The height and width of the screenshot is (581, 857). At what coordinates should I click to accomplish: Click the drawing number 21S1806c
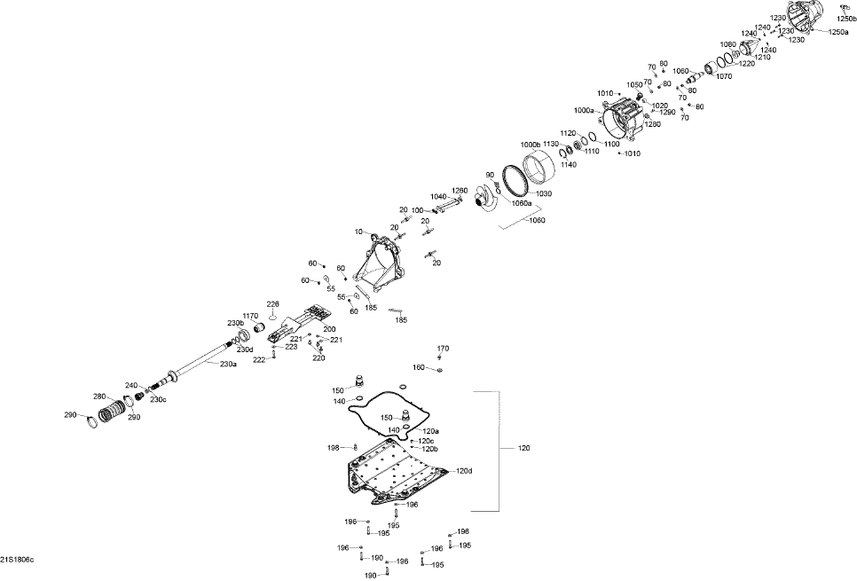17,560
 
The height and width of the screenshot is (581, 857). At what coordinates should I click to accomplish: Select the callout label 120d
464,471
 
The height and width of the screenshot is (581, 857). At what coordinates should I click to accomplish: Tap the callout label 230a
228,363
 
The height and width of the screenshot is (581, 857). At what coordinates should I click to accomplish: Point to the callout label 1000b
530,144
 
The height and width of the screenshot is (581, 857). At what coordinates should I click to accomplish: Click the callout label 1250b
846,19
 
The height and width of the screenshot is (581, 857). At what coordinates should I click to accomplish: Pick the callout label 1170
250,316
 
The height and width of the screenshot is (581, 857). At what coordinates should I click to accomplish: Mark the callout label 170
443,348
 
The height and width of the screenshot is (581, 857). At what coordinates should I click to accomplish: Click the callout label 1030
543,193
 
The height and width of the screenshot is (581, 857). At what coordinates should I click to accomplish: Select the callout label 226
273,304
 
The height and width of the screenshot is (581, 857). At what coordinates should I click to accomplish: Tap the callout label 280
100,396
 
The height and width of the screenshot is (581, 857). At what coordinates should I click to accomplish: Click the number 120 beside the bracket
524,450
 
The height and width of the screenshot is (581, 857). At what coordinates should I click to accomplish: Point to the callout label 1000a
585,111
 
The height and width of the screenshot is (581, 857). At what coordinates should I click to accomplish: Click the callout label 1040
438,196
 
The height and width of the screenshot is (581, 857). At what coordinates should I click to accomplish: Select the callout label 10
359,232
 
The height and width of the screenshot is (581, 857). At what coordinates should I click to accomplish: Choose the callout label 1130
551,144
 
